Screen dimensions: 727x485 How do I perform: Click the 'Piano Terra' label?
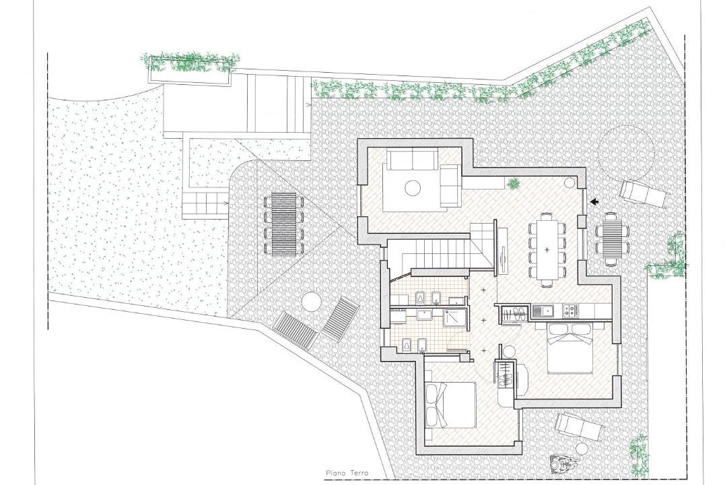click(x=347, y=473)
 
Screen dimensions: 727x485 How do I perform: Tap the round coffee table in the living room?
click(x=412, y=188)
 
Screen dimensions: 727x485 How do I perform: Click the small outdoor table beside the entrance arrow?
click(x=611, y=238)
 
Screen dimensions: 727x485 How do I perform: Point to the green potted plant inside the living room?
click(x=513, y=184)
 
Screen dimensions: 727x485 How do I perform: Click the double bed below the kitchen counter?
click(x=571, y=348)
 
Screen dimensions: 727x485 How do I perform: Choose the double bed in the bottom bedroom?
click(x=450, y=404)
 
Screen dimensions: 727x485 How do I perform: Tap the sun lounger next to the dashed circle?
click(x=644, y=194)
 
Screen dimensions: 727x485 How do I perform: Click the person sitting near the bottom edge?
click(x=563, y=465)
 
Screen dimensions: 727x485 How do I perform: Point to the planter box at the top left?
click(x=188, y=70)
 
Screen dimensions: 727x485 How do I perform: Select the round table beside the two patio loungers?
click(x=311, y=302)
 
